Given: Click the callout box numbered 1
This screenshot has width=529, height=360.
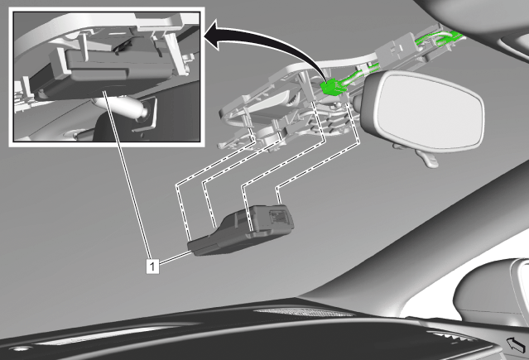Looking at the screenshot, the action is click(152, 266).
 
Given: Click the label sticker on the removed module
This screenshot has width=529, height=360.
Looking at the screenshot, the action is click(279, 216).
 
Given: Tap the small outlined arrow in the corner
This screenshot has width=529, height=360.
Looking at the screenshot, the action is click(516, 345).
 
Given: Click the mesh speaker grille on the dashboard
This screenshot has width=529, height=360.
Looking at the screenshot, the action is click(305, 313).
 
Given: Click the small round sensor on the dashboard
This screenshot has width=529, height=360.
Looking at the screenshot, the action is click(18, 348).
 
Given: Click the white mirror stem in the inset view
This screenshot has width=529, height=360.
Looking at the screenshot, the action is click(120, 106).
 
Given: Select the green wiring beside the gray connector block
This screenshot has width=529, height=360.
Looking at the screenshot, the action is click(440, 40).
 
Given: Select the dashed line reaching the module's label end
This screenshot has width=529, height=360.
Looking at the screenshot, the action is click(316, 165).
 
